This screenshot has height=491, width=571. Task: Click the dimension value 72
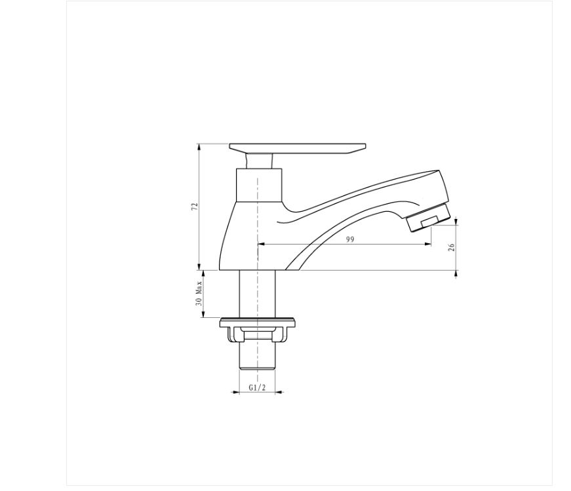point(195,206)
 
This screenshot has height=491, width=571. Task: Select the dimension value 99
point(350,239)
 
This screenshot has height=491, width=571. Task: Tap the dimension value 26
point(452,247)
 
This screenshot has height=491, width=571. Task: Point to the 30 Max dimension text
point(199,293)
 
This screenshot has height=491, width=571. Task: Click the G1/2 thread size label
point(257,387)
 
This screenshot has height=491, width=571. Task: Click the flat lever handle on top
point(298,148)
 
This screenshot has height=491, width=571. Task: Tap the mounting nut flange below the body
point(258,322)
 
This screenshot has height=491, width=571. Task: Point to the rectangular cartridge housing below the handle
point(259,185)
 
